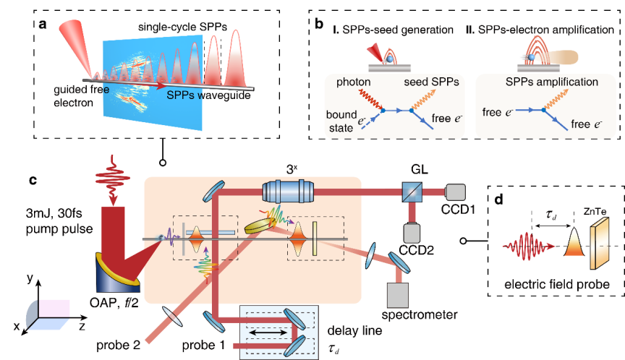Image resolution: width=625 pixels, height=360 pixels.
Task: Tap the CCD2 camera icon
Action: [x=414, y=233]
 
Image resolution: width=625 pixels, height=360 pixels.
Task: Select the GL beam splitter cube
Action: [x=413, y=192]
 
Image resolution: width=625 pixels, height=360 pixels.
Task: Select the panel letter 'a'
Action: [x=44, y=24]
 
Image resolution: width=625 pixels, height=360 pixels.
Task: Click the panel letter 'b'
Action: [x=318, y=24]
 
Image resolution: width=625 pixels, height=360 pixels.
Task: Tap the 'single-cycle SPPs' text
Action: [x=181, y=27]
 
